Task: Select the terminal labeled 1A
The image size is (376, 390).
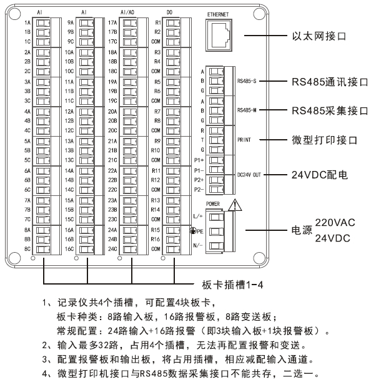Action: pyautogui.click(x=43, y=23)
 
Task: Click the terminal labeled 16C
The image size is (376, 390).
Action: pyautogui.click(x=86, y=249)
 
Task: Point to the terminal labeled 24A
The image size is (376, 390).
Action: pyautogui.click(x=129, y=230)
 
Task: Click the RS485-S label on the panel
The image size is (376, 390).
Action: pyautogui.click(x=249, y=82)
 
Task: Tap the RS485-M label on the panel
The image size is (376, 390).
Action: pyautogui.click(x=249, y=110)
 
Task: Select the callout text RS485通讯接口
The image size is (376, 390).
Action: pyautogui.click(x=330, y=82)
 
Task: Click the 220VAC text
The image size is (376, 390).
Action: pyautogui.click(x=337, y=222)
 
